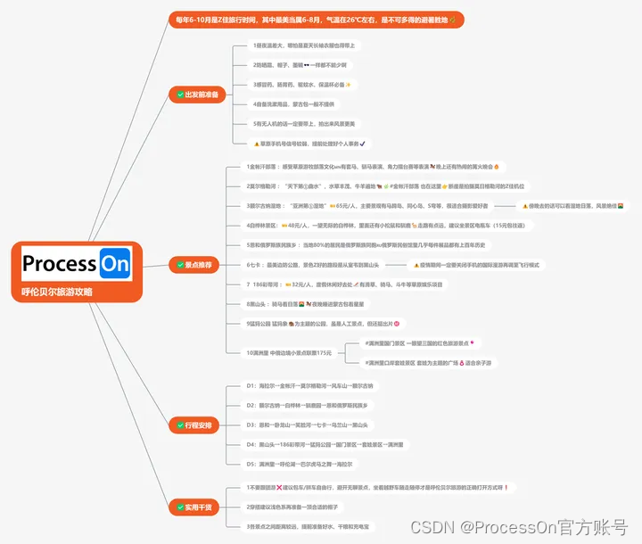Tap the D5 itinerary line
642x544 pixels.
click(299, 464)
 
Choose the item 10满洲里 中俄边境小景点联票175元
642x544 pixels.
click(294, 352)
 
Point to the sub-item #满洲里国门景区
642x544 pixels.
click(419, 342)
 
